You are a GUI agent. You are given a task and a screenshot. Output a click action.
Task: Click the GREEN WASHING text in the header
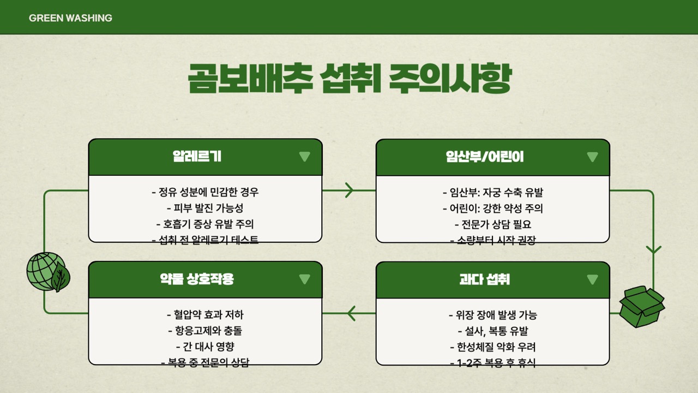(70, 18)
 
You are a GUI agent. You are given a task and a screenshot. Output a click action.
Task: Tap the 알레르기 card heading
(197, 157)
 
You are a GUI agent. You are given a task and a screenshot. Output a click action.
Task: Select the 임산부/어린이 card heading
(484, 157)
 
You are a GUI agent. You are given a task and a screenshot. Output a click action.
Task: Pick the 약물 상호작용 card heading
(197, 279)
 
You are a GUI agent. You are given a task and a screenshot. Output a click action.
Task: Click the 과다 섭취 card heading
(484, 279)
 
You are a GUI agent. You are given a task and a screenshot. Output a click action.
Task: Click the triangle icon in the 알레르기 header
(304, 157)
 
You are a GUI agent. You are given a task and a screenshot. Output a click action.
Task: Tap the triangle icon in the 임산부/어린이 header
(592, 157)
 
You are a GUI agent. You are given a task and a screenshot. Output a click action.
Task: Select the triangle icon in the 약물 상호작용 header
(304, 279)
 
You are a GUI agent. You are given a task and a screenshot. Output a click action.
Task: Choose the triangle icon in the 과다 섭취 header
(592, 279)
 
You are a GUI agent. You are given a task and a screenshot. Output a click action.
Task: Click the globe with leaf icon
(48, 272)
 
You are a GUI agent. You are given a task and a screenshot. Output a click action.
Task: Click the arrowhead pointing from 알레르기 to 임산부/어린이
(349, 190)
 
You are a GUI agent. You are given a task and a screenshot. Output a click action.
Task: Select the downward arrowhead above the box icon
(653, 249)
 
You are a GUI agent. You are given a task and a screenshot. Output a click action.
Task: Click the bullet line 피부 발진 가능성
(204, 208)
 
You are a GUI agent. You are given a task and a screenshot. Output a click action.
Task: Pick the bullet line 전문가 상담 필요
(492, 224)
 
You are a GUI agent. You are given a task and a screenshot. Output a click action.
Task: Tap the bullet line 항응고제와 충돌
(204, 330)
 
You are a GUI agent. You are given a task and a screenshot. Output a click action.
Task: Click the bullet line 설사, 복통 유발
(492, 331)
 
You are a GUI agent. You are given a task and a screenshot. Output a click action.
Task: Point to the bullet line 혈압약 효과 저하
(204, 315)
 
